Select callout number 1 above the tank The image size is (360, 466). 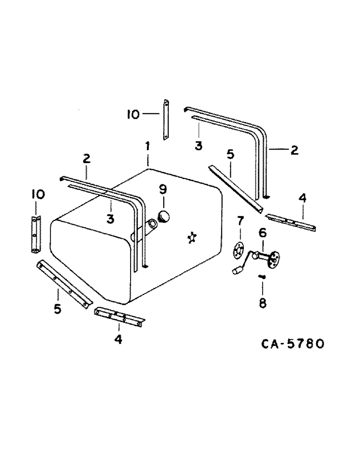[x=147, y=146]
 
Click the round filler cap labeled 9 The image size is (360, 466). [x=164, y=217]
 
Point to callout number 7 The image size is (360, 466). [x=241, y=219]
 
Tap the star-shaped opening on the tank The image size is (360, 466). [x=191, y=238]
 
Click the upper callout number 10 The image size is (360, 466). [x=133, y=114]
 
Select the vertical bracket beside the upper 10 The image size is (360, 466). [x=165, y=119]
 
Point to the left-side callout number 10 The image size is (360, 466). [x=39, y=194]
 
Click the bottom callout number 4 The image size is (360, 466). [x=118, y=339]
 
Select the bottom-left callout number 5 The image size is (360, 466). [x=57, y=309]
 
